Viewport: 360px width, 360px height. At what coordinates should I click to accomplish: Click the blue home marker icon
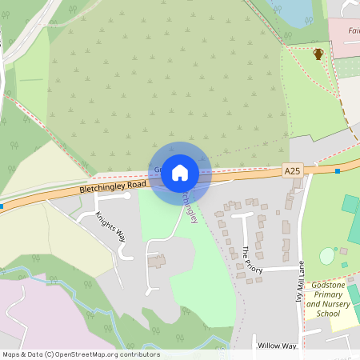click(180, 172)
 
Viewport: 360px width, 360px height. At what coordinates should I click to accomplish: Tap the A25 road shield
click(294, 170)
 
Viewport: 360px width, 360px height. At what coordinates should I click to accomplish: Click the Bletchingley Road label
click(113, 187)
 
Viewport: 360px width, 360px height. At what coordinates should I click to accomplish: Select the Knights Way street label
click(111, 226)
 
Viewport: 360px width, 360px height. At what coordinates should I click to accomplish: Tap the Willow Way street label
click(277, 346)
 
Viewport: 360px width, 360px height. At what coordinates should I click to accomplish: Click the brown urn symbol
click(318, 54)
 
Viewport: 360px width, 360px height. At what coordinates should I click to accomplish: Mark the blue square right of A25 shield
click(338, 170)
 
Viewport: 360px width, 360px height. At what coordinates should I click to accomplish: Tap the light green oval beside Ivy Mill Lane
click(327, 257)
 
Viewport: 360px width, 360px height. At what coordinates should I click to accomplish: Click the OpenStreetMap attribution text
click(81, 354)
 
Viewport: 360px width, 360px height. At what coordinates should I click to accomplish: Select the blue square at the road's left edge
click(2, 206)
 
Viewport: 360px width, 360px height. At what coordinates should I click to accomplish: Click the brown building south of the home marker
click(157, 262)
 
